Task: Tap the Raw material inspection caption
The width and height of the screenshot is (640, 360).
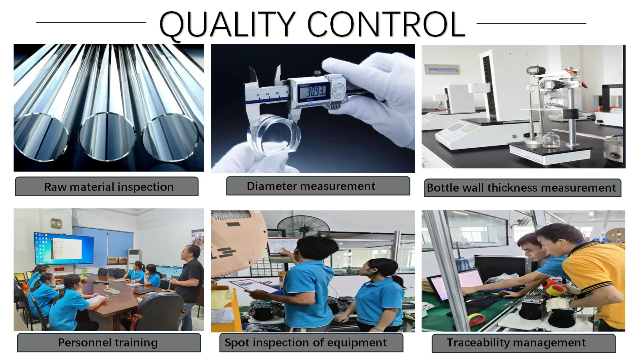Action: click(109, 187)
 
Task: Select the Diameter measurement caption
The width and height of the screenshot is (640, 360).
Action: click(311, 186)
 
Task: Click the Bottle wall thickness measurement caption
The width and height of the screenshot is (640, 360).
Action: click(522, 188)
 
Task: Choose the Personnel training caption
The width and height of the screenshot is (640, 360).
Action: click(108, 342)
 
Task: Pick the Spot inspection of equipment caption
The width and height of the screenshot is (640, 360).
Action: click(306, 342)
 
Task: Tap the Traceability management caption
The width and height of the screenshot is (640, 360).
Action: click(516, 342)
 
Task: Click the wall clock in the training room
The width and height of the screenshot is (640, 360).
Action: click(56, 223)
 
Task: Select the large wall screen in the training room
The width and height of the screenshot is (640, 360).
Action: click(64, 248)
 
